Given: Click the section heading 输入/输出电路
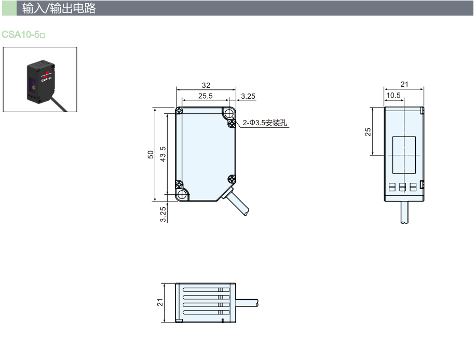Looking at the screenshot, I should tap(59, 8).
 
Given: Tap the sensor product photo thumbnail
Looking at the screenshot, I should tap(40, 79).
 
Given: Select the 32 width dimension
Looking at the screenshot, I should tap(206, 85).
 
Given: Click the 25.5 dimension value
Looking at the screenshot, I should tap(206, 96).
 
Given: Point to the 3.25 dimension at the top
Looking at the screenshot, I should tap(249, 96).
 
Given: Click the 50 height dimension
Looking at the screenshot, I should tap(151, 154).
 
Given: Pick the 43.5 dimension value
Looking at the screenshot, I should tap(162, 154).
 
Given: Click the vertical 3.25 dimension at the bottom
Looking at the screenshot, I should tap(162, 214).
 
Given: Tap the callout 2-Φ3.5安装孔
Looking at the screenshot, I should tap(265, 123).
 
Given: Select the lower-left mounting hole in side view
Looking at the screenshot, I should tap(182, 194).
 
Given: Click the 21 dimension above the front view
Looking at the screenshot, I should tap(405, 84).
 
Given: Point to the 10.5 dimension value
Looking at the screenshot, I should tap(394, 95).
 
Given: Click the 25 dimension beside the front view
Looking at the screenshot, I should tap(368, 131).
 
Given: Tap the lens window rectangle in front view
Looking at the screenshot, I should tap(404, 155).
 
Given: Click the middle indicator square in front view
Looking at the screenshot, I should tap(402, 186).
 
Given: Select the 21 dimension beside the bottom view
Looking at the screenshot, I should tap(160, 303).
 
